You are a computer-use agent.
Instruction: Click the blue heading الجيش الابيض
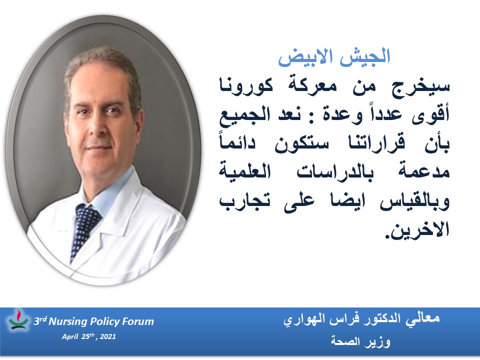click(334, 56)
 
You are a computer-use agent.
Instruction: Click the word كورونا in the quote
click(246, 86)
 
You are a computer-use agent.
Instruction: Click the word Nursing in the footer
click(68, 321)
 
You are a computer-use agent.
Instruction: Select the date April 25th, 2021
click(89, 336)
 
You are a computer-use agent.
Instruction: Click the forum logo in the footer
click(18, 320)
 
